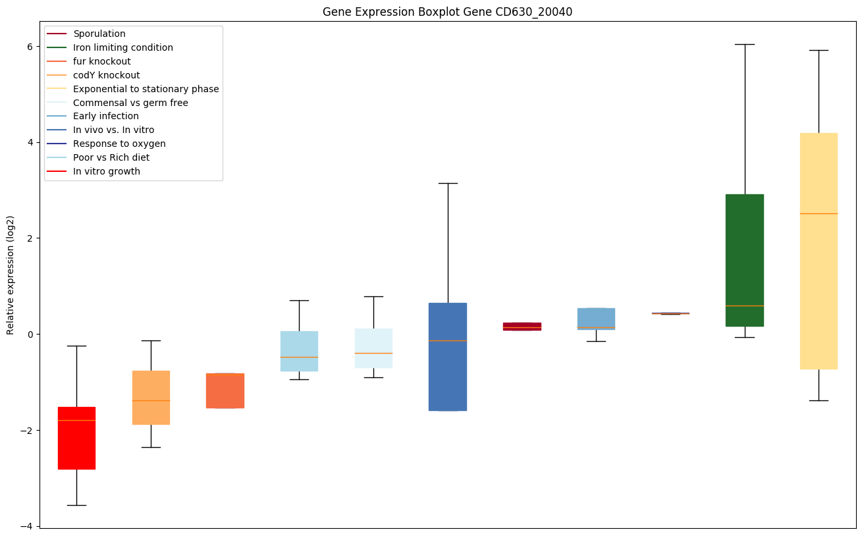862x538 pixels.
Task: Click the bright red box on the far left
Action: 76,438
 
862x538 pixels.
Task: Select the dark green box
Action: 744,260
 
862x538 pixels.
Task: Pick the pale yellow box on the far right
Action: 819,251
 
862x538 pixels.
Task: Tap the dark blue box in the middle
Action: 448,356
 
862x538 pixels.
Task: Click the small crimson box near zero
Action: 522,326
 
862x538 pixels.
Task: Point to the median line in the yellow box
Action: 819,213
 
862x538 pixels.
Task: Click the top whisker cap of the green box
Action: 744,45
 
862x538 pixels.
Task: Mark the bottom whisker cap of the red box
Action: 76,505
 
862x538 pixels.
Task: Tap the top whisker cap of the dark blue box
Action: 448,183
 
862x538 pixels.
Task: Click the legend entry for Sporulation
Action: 99,34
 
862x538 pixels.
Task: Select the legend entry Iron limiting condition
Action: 123,47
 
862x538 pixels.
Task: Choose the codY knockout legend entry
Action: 107,75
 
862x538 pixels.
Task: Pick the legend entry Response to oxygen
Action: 119,144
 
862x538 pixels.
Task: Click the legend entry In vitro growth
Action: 107,171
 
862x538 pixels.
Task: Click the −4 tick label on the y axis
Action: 28,526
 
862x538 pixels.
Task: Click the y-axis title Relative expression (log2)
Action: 11,275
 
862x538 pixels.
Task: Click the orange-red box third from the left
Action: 225,390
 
